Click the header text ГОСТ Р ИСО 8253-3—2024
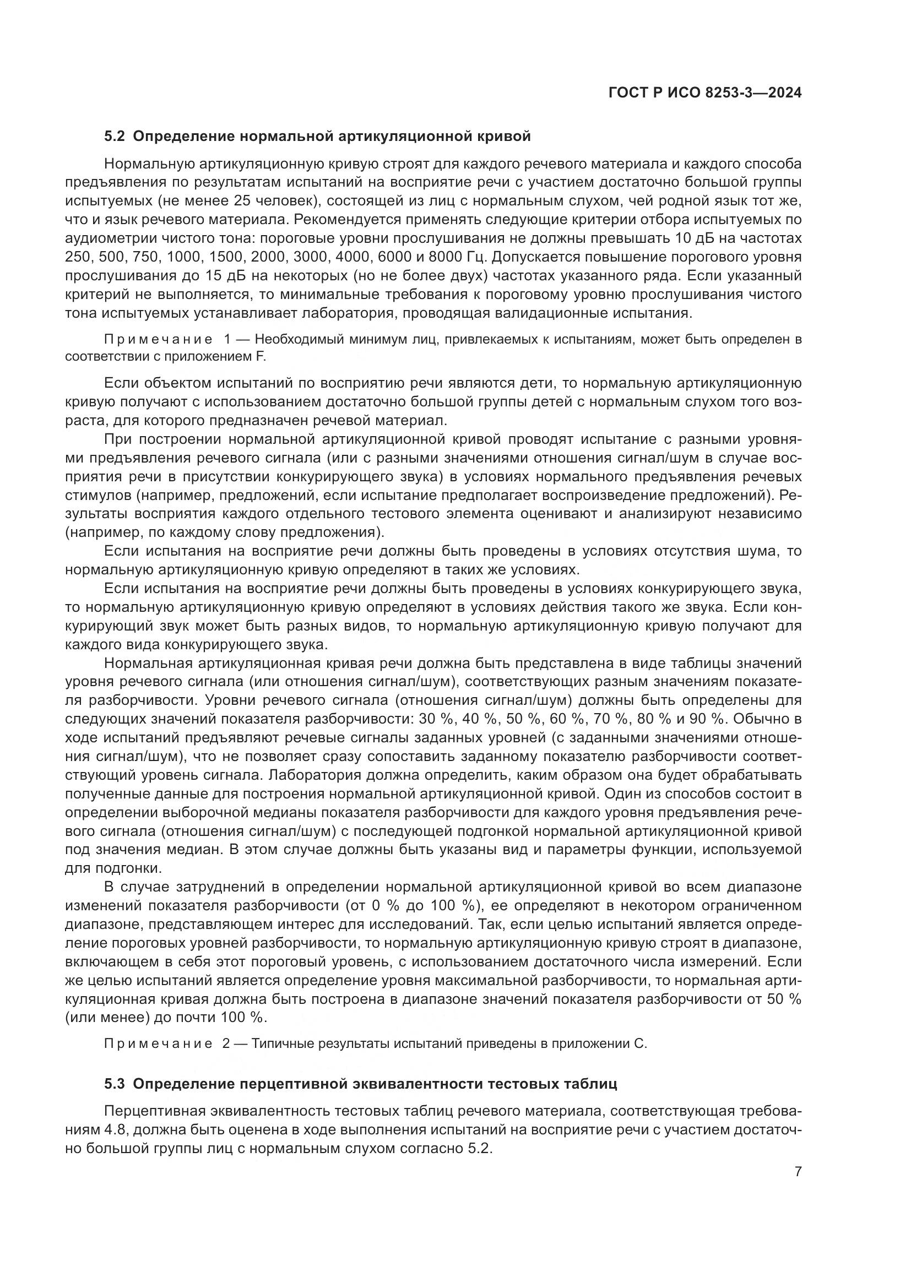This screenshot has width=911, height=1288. (x=704, y=93)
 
